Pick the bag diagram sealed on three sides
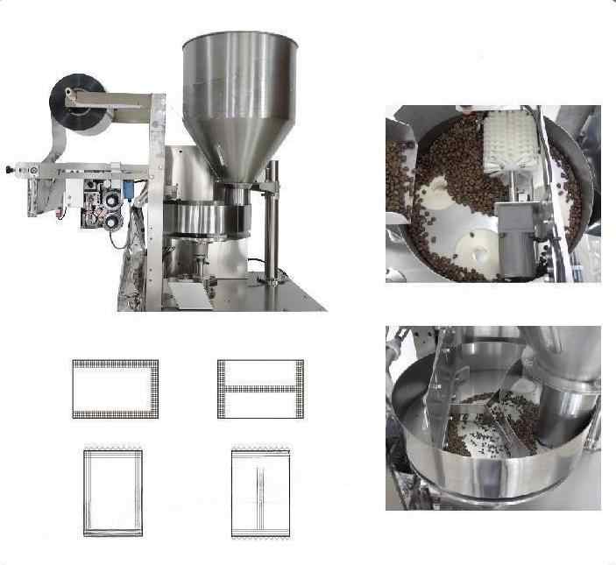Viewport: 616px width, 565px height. (x=115, y=388)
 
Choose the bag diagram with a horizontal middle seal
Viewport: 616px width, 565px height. (x=260, y=388)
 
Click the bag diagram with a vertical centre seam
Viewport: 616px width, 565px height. (x=260, y=493)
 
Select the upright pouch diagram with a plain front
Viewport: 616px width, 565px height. (x=113, y=493)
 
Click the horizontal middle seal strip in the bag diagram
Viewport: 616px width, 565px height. (x=260, y=386)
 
